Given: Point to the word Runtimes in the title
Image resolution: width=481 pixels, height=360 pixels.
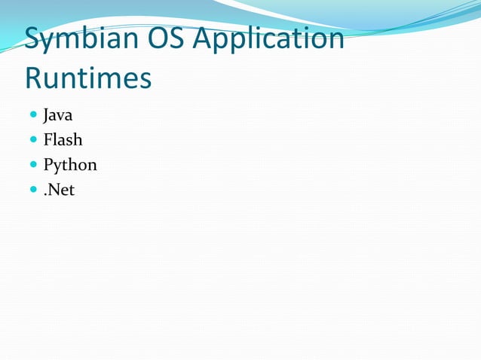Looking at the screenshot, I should click(x=87, y=78).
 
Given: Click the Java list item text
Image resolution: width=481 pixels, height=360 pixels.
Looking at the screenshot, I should click(x=57, y=116).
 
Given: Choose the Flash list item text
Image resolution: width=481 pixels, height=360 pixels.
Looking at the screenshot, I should click(x=63, y=140).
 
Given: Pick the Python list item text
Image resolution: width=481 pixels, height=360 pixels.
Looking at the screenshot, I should click(x=70, y=165).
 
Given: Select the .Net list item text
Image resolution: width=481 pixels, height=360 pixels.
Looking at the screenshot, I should click(x=59, y=189).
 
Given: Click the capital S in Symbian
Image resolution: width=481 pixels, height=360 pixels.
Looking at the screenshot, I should click(x=33, y=39).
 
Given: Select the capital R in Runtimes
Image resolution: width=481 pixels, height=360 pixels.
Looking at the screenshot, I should click(x=34, y=78).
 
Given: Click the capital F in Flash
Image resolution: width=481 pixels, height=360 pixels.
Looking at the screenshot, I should click(x=48, y=140).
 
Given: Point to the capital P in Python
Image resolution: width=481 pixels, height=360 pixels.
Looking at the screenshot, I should click(x=48, y=164).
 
